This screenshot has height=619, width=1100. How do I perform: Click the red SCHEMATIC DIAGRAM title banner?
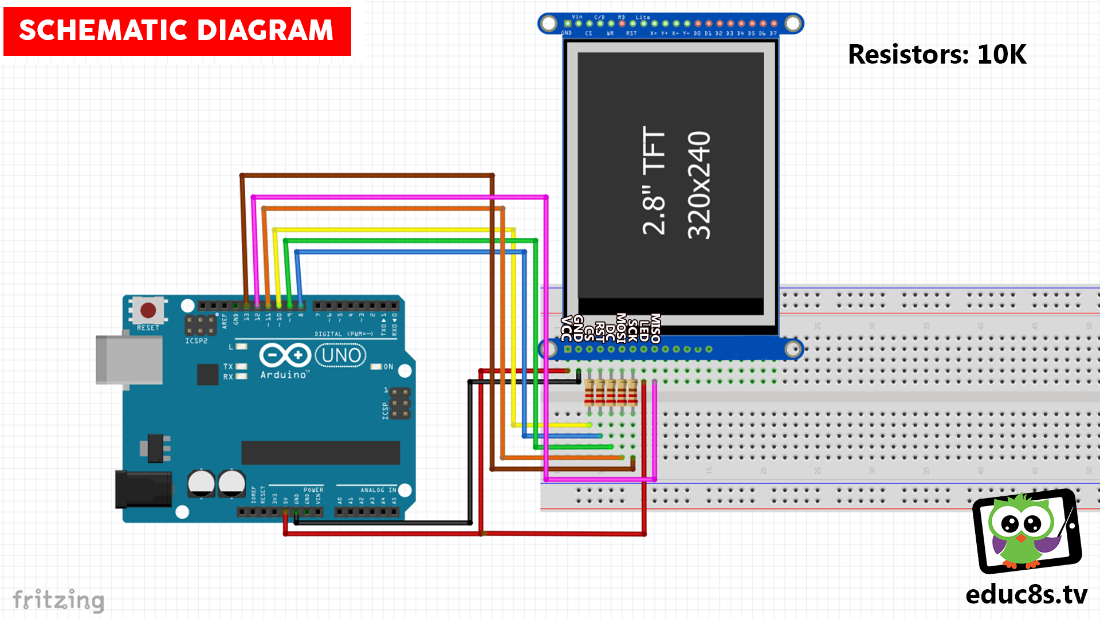tap(177, 31)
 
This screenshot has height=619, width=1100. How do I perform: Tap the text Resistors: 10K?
tap(937, 54)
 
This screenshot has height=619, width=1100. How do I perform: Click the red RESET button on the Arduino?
tap(148, 310)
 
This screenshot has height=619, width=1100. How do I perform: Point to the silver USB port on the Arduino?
tap(129, 359)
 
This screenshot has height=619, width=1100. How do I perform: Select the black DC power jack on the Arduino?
tap(143, 489)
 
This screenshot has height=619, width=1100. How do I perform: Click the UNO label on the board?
tap(341, 355)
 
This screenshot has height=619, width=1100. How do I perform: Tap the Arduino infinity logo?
tap(285, 355)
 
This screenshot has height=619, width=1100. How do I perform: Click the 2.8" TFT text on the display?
tap(654, 181)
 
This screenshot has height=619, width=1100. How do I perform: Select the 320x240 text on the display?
tap(699, 185)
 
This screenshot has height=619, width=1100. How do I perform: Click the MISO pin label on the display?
tap(655, 328)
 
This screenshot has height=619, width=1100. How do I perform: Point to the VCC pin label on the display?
tap(567, 328)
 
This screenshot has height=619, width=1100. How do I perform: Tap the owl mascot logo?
tap(1026, 530)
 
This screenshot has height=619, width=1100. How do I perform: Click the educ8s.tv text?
tap(1026, 594)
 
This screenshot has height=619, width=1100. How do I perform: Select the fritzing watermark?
tap(58, 600)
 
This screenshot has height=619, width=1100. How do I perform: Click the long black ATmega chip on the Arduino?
tap(320, 452)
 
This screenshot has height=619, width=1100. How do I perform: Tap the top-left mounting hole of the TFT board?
tap(549, 23)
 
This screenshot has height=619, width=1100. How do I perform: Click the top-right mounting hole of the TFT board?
tap(793, 23)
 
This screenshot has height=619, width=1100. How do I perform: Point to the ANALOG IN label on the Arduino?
tap(378, 490)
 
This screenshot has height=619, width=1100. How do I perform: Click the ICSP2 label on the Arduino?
tap(196, 341)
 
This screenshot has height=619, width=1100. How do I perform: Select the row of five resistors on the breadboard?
tap(611, 393)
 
